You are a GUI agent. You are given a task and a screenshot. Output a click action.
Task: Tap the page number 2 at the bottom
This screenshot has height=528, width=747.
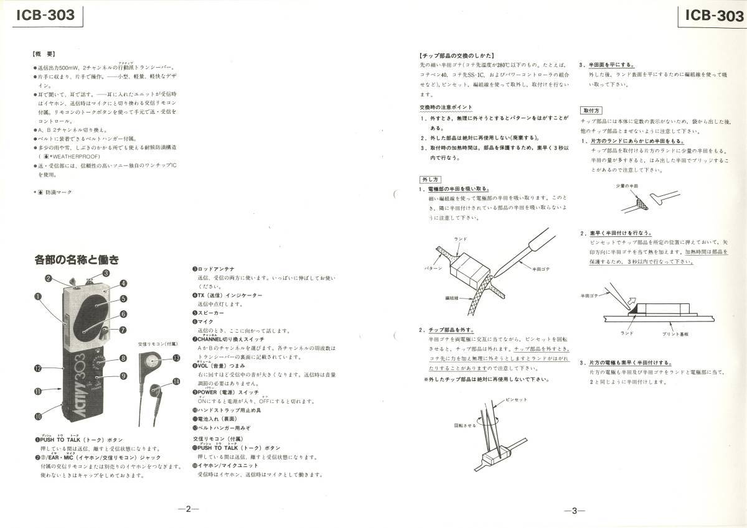click(x=187, y=509)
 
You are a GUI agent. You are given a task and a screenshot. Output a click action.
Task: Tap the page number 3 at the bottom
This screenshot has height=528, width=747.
click(x=574, y=511)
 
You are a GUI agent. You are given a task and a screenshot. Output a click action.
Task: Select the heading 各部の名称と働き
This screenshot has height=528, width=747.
click(x=77, y=259)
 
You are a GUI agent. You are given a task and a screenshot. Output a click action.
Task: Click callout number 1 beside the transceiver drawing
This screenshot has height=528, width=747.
click(x=38, y=297)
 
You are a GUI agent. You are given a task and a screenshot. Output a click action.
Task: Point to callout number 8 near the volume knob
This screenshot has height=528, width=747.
click(x=123, y=358)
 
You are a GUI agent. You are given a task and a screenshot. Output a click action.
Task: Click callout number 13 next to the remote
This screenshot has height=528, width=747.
click(x=177, y=358)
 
